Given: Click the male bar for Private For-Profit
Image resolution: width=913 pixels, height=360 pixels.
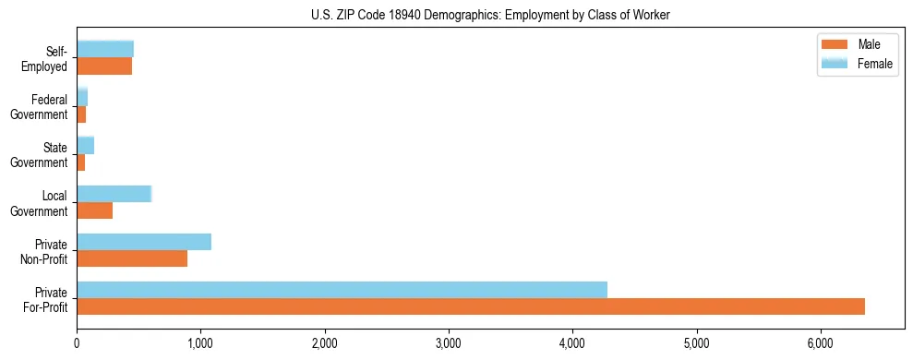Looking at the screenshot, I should [471, 306].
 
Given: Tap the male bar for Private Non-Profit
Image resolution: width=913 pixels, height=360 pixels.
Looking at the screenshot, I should [132, 258].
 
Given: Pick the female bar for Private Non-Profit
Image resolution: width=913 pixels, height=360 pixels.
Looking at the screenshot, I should [144, 242].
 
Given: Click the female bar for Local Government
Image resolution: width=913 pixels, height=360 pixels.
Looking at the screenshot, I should [114, 193].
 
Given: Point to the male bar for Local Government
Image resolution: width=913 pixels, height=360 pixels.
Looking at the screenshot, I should [94, 210].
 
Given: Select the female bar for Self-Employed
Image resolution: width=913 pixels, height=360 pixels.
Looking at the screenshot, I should [105, 49].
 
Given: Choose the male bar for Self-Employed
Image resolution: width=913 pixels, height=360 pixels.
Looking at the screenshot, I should [104, 66].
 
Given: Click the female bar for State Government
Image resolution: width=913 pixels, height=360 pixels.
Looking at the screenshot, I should [85, 145].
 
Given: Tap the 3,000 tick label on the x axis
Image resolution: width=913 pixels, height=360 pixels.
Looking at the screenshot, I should [449, 343].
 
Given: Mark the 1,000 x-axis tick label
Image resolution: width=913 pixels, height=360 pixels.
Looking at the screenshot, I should [200, 343].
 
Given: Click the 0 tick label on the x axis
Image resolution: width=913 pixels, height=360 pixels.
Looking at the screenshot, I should [77, 343].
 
